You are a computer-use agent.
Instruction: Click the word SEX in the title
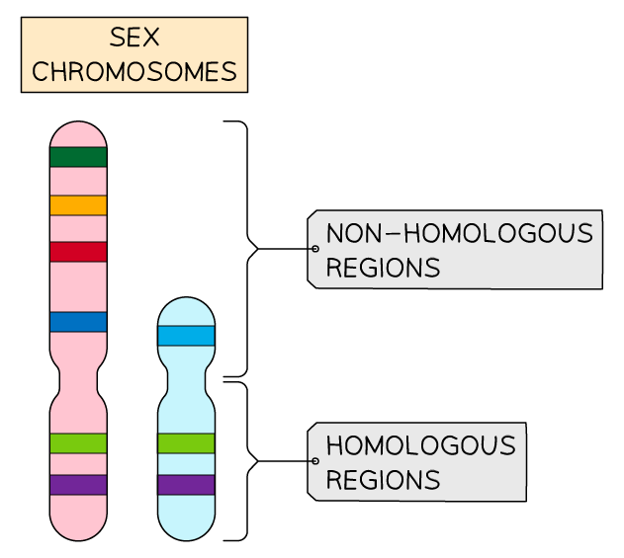point(134,40)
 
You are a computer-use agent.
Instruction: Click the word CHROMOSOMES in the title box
point(134,72)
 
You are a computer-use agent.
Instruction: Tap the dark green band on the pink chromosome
point(78,156)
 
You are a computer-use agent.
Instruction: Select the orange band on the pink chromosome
point(78,204)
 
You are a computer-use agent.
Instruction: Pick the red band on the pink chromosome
point(78,252)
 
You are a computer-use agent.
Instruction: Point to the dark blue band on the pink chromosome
point(78,322)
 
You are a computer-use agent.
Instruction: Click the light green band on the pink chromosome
point(78,443)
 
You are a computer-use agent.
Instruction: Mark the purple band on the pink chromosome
point(78,485)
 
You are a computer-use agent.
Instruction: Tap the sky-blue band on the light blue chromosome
point(186,336)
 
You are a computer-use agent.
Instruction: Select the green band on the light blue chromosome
point(186,443)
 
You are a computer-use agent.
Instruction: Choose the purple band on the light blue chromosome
point(186,485)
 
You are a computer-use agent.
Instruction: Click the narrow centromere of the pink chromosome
point(78,380)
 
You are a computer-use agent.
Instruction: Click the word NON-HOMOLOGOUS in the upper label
point(459,234)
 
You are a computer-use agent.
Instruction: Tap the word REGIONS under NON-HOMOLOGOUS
point(383,268)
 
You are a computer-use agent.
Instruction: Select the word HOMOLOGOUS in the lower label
point(420,446)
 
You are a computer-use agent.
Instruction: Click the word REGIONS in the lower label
point(383,480)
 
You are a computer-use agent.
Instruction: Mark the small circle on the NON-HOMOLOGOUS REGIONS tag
point(314,249)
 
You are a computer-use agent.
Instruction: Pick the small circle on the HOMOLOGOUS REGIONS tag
point(314,461)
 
